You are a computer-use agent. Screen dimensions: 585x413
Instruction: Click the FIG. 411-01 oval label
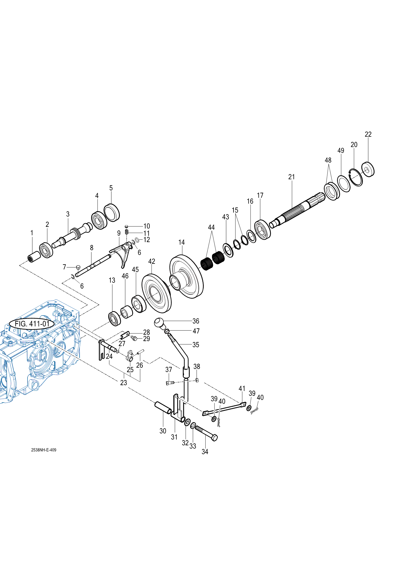[x=32, y=324]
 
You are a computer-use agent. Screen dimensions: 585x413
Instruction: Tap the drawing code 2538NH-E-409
[x=44, y=450]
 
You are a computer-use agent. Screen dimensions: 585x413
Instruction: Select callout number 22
[x=368, y=134]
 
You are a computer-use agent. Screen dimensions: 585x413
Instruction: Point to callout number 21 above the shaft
[x=292, y=177]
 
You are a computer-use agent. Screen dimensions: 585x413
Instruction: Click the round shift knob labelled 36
[x=159, y=322]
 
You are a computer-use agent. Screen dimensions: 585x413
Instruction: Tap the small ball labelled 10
[x=126, y=227]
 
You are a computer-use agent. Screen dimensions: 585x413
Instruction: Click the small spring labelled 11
[x=127, y=232]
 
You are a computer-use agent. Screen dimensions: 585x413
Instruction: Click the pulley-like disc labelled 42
[x=156, y=293]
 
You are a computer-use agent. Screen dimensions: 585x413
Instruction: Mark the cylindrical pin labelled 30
[x=163, y=408]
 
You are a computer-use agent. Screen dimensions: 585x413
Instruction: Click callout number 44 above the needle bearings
[x=211, y=228]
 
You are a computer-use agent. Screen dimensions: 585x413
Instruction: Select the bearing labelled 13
[x=114, y=318]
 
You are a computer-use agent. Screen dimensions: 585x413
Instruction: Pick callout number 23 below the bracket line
[x=124, y=383]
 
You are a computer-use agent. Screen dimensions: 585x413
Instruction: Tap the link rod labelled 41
[x=224, y=409]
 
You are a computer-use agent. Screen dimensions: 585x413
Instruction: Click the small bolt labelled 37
[x=170, y=383]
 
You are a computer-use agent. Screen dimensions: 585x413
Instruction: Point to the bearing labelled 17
[x=262, y=230]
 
